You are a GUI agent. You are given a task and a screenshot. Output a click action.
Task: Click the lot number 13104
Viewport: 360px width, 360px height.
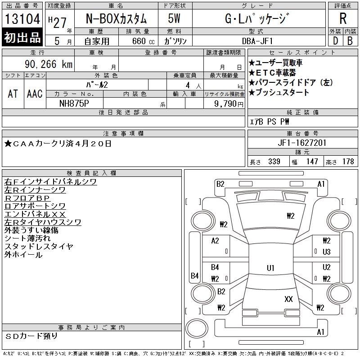pyautogui.click(x=22, y=18)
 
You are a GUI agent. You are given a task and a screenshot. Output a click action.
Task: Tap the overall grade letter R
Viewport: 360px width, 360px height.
pyautogui.click(x=343, y=18)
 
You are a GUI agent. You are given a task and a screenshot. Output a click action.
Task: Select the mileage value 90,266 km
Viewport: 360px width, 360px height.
pyautogui.click(x=49, y=64)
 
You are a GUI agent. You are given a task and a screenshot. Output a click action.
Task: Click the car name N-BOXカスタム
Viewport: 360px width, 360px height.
pyautogui.click(x=116, y=18)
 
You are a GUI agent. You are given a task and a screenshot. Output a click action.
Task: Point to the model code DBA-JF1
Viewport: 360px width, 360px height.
pyautogui.click(x=257, y=41)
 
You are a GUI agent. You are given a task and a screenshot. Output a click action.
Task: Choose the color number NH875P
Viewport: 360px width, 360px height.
pyautogui.click(x=74, y=103)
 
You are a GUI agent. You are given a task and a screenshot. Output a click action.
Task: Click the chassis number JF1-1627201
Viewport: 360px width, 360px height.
pyautogui.click(x=302, y=143)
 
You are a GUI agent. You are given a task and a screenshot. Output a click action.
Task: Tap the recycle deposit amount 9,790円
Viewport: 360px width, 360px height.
pyautogui.click(x=229, y=104)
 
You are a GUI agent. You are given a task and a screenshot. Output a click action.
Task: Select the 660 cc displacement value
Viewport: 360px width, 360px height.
pyautogui.click(x=143, y=41)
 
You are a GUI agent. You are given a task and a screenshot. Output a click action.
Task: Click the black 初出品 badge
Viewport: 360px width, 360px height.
pyautogui.click(x=22, y=37)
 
